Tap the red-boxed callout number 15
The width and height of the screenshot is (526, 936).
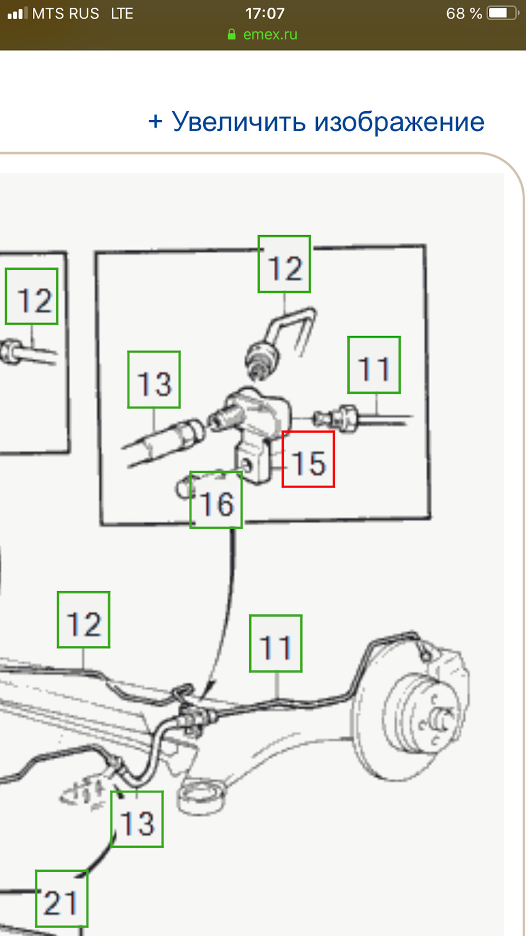coord(308,459)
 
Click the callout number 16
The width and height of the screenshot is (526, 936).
coord(216,500)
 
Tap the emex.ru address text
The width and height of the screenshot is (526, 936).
coord(270,34)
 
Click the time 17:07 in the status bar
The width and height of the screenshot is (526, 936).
coord(265,13)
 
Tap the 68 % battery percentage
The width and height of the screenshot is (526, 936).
coord(464,13)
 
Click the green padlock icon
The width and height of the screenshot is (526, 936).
coord(231,34)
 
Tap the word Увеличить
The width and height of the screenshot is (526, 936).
coord(239,122)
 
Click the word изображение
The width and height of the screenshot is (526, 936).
coord(399,122)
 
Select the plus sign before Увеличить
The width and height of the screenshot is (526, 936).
coord(155,122)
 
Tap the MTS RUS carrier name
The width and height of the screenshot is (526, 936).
coord(66,13)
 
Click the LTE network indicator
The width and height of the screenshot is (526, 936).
coord(122,13)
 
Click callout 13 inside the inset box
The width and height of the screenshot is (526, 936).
coord(154,379)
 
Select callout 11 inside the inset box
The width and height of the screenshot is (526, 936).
coord(374,365)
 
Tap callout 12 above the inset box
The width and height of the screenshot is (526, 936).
coord(284,264)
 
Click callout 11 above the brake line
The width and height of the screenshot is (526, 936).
coord(276,644)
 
